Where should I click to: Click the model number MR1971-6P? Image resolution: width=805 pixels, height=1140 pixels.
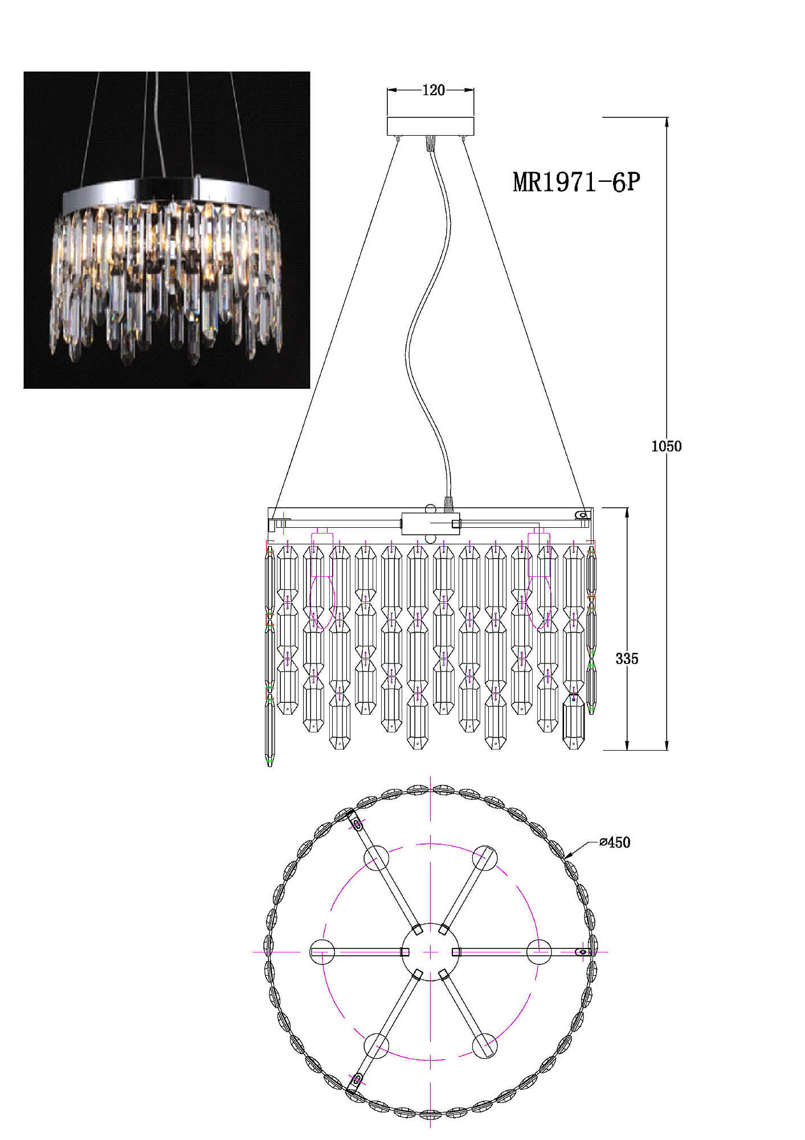pyautogui.click(x=577, y=182)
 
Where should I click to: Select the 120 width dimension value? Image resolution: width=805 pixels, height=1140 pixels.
pyautogui.click(x=433, y=90)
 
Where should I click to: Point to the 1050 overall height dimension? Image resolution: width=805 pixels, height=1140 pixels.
pyautogui.click(x=666, y=446)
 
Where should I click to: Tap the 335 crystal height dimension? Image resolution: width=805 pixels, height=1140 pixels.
pyautogui.click(x=627, y=659)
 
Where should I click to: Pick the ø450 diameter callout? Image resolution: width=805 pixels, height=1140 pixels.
pyautogui.click(x=615, y=842)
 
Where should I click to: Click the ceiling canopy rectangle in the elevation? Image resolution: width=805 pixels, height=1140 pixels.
pyautogui.click(x=431, y=127)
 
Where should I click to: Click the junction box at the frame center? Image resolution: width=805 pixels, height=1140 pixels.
pyautogui.click(x=431, y=524)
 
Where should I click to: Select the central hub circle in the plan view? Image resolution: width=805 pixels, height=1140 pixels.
pyautogui.click(x=430, y=952)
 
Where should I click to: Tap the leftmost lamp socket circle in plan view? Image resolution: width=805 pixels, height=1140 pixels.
pyautogui.click(x=322, y=952)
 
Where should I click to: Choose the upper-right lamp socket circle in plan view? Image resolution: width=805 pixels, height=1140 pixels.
pyautogui.click(x=484, y=858)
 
